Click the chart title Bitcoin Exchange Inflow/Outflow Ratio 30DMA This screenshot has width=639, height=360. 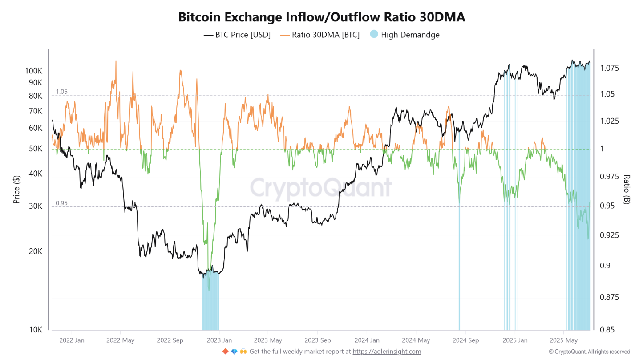321,17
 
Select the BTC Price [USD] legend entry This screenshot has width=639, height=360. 237,35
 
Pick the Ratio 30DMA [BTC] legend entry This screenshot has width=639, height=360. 319,35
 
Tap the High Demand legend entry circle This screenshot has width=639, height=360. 374,34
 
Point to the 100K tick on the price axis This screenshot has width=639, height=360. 34,70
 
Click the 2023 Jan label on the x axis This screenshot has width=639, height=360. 218,341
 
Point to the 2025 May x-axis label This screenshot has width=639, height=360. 563,341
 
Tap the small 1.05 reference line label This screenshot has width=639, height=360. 61,92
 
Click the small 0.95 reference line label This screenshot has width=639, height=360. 61,203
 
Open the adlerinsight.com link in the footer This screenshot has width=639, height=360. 387,352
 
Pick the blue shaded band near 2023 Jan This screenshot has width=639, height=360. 210,303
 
